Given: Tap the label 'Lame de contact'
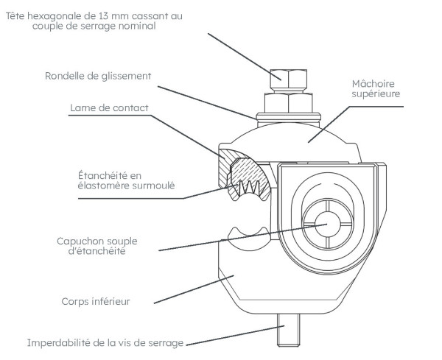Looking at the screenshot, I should (x=110, y=107).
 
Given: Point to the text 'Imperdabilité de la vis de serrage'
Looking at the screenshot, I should (x=105, y=343).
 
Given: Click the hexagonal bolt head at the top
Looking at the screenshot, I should (x=288, y=77).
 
